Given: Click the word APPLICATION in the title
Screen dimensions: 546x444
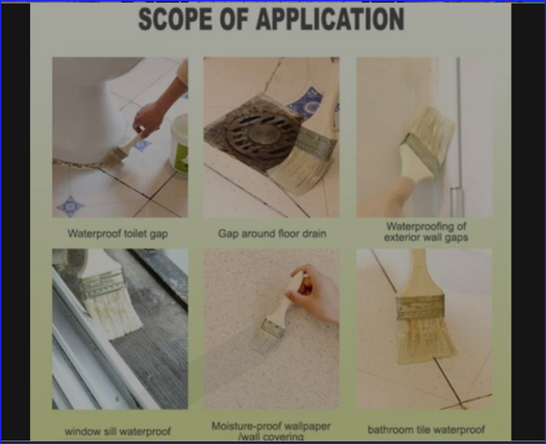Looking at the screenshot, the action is [330, 19].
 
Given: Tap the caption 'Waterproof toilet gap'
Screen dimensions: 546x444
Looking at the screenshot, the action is [117, 234].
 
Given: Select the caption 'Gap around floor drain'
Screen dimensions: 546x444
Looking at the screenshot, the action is [272, 233].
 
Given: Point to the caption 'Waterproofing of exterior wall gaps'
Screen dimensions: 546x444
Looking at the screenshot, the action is [426, 232].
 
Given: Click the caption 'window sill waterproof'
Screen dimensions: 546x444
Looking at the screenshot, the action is [117, 432].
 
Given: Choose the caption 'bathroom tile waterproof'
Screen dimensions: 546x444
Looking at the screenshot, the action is [426, 429].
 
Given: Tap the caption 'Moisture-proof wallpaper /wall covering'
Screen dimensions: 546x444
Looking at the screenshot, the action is [271, 431].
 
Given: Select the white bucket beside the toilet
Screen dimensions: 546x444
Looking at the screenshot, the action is [179, 144].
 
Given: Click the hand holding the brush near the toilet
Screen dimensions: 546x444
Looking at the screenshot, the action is [148, 119].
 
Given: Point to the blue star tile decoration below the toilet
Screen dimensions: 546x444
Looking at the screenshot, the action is [70, 207].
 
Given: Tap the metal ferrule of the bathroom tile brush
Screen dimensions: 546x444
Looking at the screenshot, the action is [420, 308].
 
